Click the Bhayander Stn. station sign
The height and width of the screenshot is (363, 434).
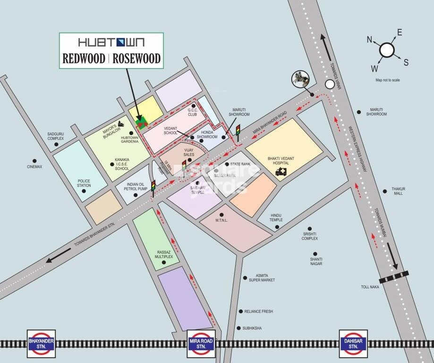(x=42, y=344)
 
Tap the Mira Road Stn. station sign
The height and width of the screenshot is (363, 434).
(x=202, y=344)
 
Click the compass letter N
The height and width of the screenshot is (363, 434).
(x=370, y=40)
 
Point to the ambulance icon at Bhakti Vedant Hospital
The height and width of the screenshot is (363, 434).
(x=281, y=172)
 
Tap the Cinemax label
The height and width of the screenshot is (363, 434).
(x=34, y=166)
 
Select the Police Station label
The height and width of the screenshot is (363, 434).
(x=84, y=183)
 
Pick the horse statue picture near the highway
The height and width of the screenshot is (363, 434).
(x=299, y=79)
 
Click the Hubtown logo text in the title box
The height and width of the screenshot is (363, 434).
(x=111, y=43)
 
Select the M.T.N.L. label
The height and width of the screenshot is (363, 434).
(x=222, y=220)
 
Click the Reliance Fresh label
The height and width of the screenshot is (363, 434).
(x=258, y=311)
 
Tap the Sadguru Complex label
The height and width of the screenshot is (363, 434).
(x=56, y=136)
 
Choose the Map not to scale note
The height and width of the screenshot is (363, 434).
(x=387, y=80)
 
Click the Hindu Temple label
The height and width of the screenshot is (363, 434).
(x=276, y=217)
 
